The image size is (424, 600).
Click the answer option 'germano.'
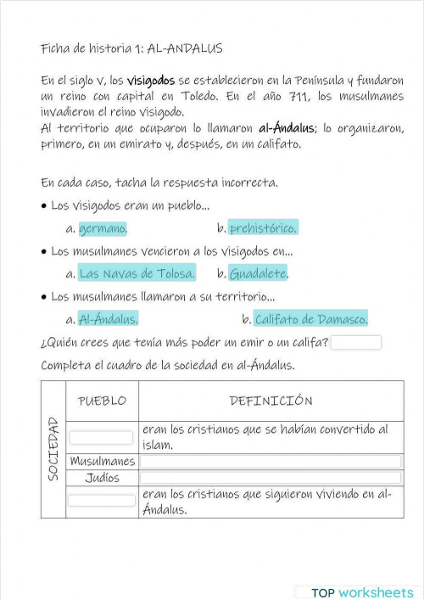pyautogui.click(x=103, y=228)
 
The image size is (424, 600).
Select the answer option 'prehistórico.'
pyautogui.click(x=263, y=228)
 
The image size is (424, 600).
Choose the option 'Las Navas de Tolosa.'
pyautogui.click(x=137, y=273)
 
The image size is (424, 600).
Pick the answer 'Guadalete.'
pyautogui.click(x=258, y=273)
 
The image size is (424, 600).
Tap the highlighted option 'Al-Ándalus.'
pyautogui.click(x=108, y=319)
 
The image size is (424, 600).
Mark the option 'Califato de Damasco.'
pyautogui.click(x=310, y=319)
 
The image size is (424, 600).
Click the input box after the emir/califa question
pyautogui.click(x=356, y=343)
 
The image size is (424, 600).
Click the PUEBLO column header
pyautogui.click(x=102, y=401)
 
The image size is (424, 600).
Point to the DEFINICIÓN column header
pyautogui.click(x=271, y=401)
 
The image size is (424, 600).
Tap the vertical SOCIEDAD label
pyautogui.click(x=53, y=449)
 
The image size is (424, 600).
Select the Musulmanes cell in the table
pyautogui.click(x=102, y=462)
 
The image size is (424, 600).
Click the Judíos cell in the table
pyautogui.click(x=102, y=478)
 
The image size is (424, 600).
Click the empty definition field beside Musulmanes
pyautogui.click(x=271, y=462)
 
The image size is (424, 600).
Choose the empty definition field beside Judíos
pyautogui.click(x=271, y=478)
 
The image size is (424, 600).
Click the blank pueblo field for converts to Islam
pyautogui.click(x=102, y=438)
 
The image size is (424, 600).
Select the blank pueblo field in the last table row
pyautogui.click(x=102, y=501)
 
